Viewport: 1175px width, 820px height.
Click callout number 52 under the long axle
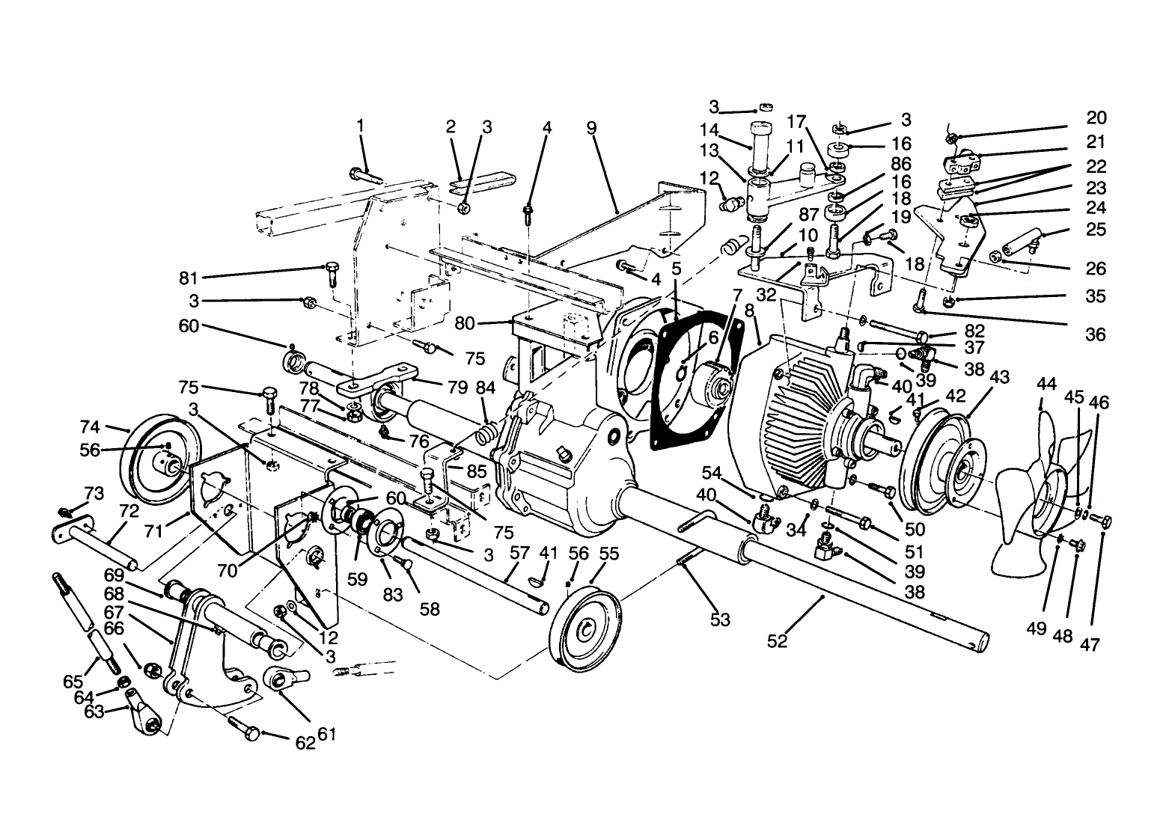pyautogui.click(x=778, y=641)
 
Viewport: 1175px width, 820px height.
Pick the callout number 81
pyautogui.click(x=188, y=278)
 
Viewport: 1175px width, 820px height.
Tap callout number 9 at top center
pyautogui.click(x=591, y=127)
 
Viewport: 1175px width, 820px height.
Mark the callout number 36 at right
pyautogui.click(x=1095, y=334)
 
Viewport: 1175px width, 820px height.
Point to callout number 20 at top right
pyautogui.click(x=1096, y=118)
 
